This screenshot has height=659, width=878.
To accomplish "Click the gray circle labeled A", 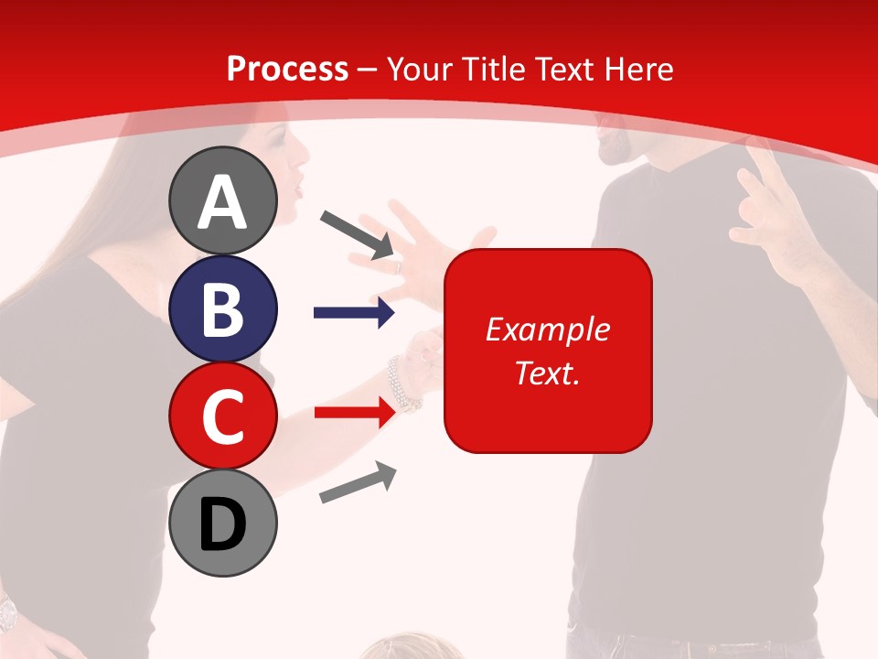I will point(222,201).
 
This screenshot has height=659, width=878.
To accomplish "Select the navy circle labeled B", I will point(222,309).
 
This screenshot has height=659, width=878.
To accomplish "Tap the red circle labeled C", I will point(222,416).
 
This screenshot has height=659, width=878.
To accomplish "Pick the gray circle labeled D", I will point(222,523).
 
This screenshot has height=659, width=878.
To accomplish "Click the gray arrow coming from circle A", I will point(357,233).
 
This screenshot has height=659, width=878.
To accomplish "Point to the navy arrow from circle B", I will point(354,313).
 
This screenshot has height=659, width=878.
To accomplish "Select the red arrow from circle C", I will point(354,413).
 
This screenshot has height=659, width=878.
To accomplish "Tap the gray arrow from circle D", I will point(358,482).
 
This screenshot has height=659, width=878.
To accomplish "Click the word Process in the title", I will point(287,69).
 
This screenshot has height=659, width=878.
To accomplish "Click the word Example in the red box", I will point(547,329).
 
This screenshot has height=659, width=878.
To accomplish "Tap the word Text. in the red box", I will point(547,373).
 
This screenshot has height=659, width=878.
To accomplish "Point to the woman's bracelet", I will point(402,384).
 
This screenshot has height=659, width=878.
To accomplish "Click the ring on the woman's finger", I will point(397,265).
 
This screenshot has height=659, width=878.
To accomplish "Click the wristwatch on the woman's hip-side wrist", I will point(7,610).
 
